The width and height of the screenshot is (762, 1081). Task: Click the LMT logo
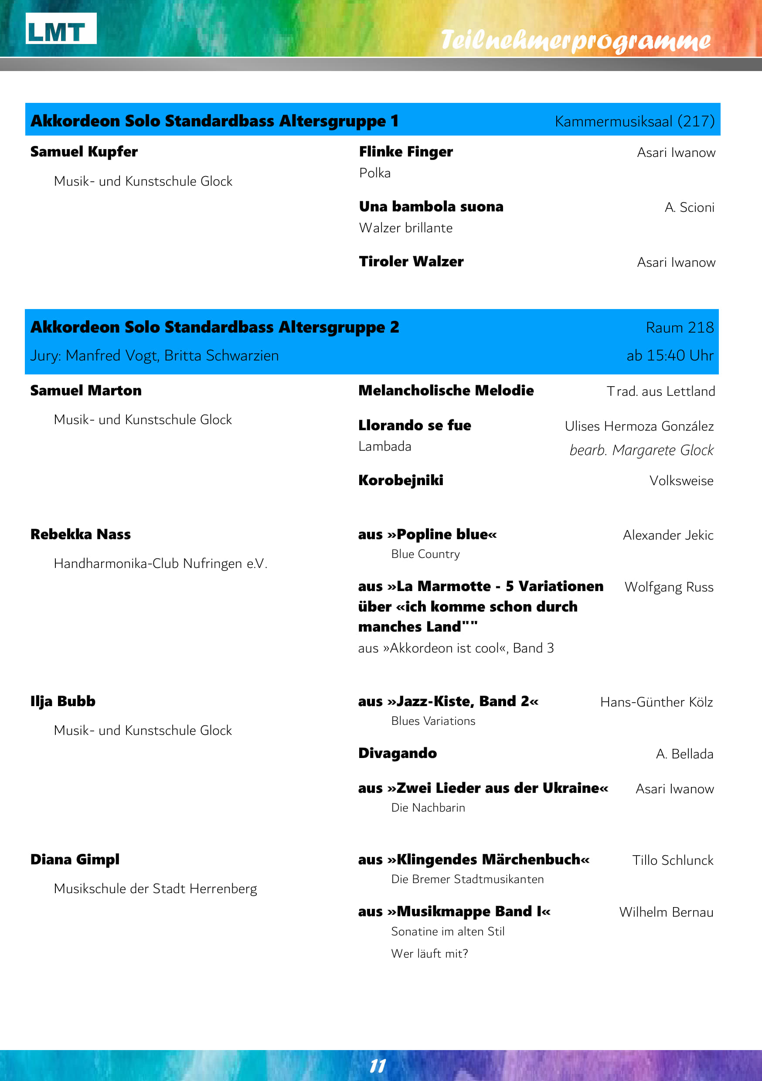(61, 29)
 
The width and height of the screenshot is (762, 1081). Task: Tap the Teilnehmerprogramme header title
(575, 41)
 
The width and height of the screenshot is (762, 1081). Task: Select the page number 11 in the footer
(378, 1066)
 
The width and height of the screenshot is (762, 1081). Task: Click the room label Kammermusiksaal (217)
(634, 122)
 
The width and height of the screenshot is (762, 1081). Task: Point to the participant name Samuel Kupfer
(84, 152)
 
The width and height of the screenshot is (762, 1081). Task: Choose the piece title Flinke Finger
(405, 152)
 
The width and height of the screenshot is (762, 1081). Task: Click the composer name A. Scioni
(689, 207)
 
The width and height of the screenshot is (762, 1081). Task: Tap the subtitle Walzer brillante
(405, 228)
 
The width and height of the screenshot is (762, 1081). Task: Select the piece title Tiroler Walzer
(411, 262)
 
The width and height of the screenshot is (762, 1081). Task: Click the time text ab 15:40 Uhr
(670, 356)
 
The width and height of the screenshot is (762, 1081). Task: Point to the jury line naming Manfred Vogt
(154, 356)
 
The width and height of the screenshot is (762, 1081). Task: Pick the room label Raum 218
(680, 328)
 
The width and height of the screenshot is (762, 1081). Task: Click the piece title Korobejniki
(400, 480)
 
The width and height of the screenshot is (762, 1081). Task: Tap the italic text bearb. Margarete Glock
(641, 451)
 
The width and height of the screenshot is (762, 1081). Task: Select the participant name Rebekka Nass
(81, 534)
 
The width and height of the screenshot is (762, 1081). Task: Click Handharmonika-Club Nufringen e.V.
(160, 564)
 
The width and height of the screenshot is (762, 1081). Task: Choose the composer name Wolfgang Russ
(669, 587)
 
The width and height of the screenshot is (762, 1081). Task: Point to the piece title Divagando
(398, 753)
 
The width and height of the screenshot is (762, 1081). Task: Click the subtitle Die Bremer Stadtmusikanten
(467, 879)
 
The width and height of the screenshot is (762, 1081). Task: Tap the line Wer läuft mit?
(429, 953)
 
